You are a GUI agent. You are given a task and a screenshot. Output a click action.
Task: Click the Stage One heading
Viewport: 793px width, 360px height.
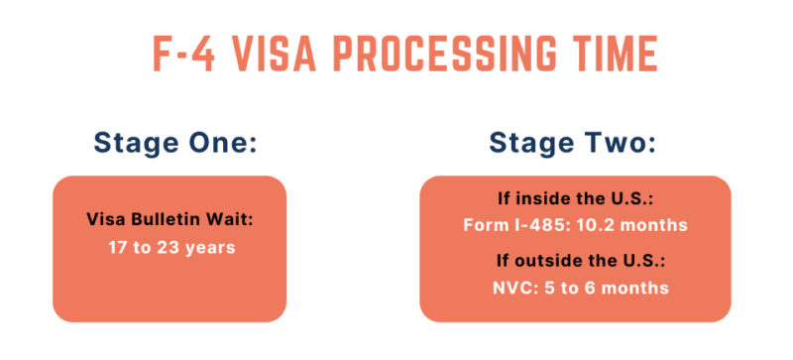click(175, 143)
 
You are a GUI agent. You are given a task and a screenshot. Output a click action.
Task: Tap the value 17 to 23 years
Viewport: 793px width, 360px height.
click(171, 247)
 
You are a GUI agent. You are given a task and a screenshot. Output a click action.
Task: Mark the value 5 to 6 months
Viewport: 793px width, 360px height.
click(600, 289)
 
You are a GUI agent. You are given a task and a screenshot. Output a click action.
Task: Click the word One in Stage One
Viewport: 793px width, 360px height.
click(224, 143)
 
